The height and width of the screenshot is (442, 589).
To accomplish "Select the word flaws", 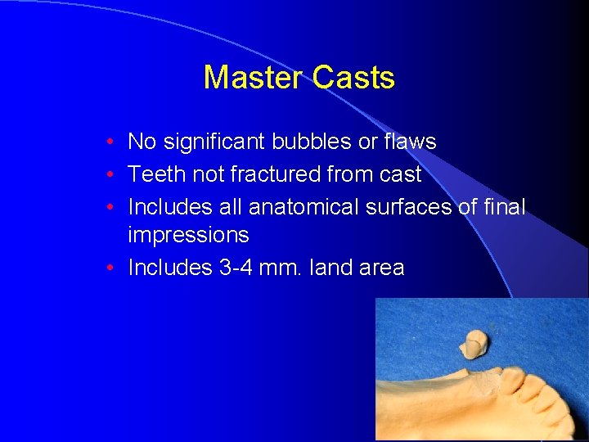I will coord(409,142).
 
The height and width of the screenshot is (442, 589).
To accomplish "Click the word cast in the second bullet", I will coord(398,174).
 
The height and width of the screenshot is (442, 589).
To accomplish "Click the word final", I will coord(504,207).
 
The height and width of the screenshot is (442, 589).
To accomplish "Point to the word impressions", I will coord(188,235).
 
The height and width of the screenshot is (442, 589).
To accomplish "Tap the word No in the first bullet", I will coord(142,142).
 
